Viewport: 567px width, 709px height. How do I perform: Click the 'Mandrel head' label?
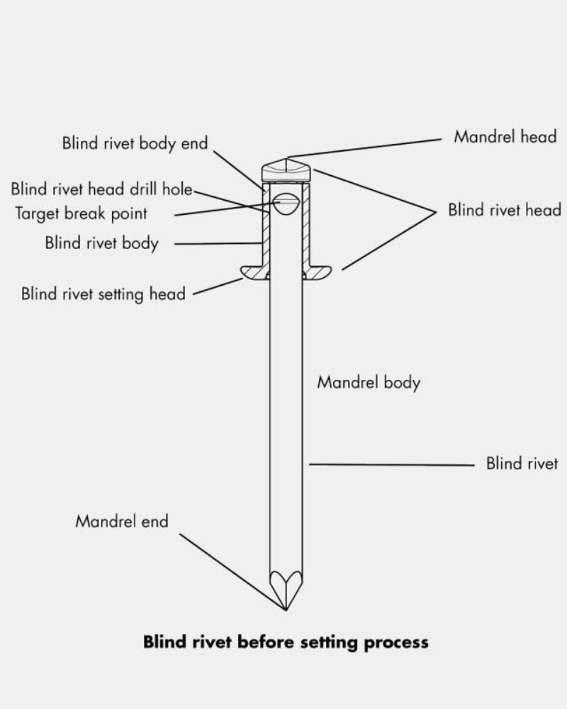pos(505,136)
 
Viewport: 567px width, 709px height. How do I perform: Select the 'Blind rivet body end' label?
pos(135,143)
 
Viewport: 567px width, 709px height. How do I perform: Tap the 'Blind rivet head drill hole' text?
pos(101,190)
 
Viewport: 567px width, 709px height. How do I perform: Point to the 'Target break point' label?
pos(81,213)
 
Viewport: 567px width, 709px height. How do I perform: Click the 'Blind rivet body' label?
pos(101,243)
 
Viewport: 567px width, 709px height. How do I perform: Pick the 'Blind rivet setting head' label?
pos(103,294)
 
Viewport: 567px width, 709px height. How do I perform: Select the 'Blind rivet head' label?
pos(504,211)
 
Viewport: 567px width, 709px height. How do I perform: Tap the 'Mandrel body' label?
pos(368,383)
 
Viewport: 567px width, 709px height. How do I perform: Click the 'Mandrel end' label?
pos(122,522)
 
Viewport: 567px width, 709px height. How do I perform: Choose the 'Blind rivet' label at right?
pos(522,464)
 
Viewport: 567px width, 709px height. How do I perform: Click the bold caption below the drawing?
pos(286,642)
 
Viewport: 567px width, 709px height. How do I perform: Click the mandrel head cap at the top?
pos(286,172)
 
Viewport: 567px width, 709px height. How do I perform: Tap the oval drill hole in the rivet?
pos(286,204)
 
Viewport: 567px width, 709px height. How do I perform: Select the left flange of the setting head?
pos(253,272)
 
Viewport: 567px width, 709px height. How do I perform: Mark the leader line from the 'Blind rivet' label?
pos(390,465)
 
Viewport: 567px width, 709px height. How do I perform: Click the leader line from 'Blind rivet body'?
pos(216,243)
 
